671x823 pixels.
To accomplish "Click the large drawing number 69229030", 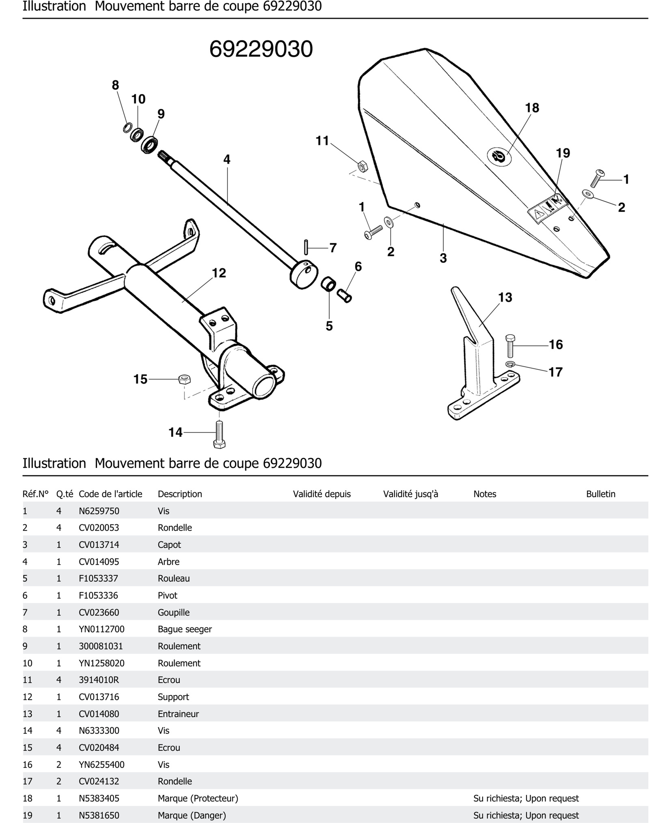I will click(x=261, y=50).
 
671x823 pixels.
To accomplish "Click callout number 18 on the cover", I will click(x=532, y=108).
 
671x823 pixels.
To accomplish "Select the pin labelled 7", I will click(x=306, y=247).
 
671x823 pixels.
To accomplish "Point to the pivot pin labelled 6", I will click(x=344, y=296).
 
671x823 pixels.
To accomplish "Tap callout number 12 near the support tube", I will click(x=219, y=273).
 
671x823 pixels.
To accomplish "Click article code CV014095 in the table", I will click(x=99, y=561).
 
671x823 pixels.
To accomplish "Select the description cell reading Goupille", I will click(x=174, y=612).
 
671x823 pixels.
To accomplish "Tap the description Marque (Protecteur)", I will click(x=197, y=798).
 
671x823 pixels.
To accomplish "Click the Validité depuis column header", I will click(x=321, y=494).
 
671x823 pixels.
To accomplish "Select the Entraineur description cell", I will click(x=178, y=714).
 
